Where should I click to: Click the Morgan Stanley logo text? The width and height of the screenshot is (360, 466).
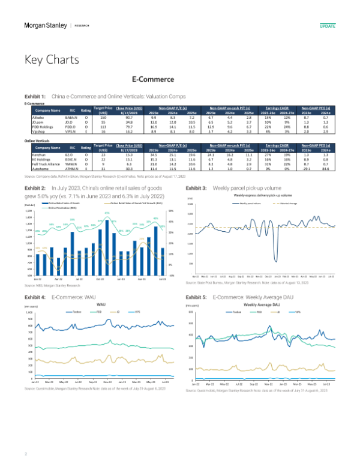point(44,26)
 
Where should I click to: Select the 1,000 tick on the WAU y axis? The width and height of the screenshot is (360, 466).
point(28,313)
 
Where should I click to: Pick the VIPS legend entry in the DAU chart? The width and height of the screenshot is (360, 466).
point(298,312)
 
